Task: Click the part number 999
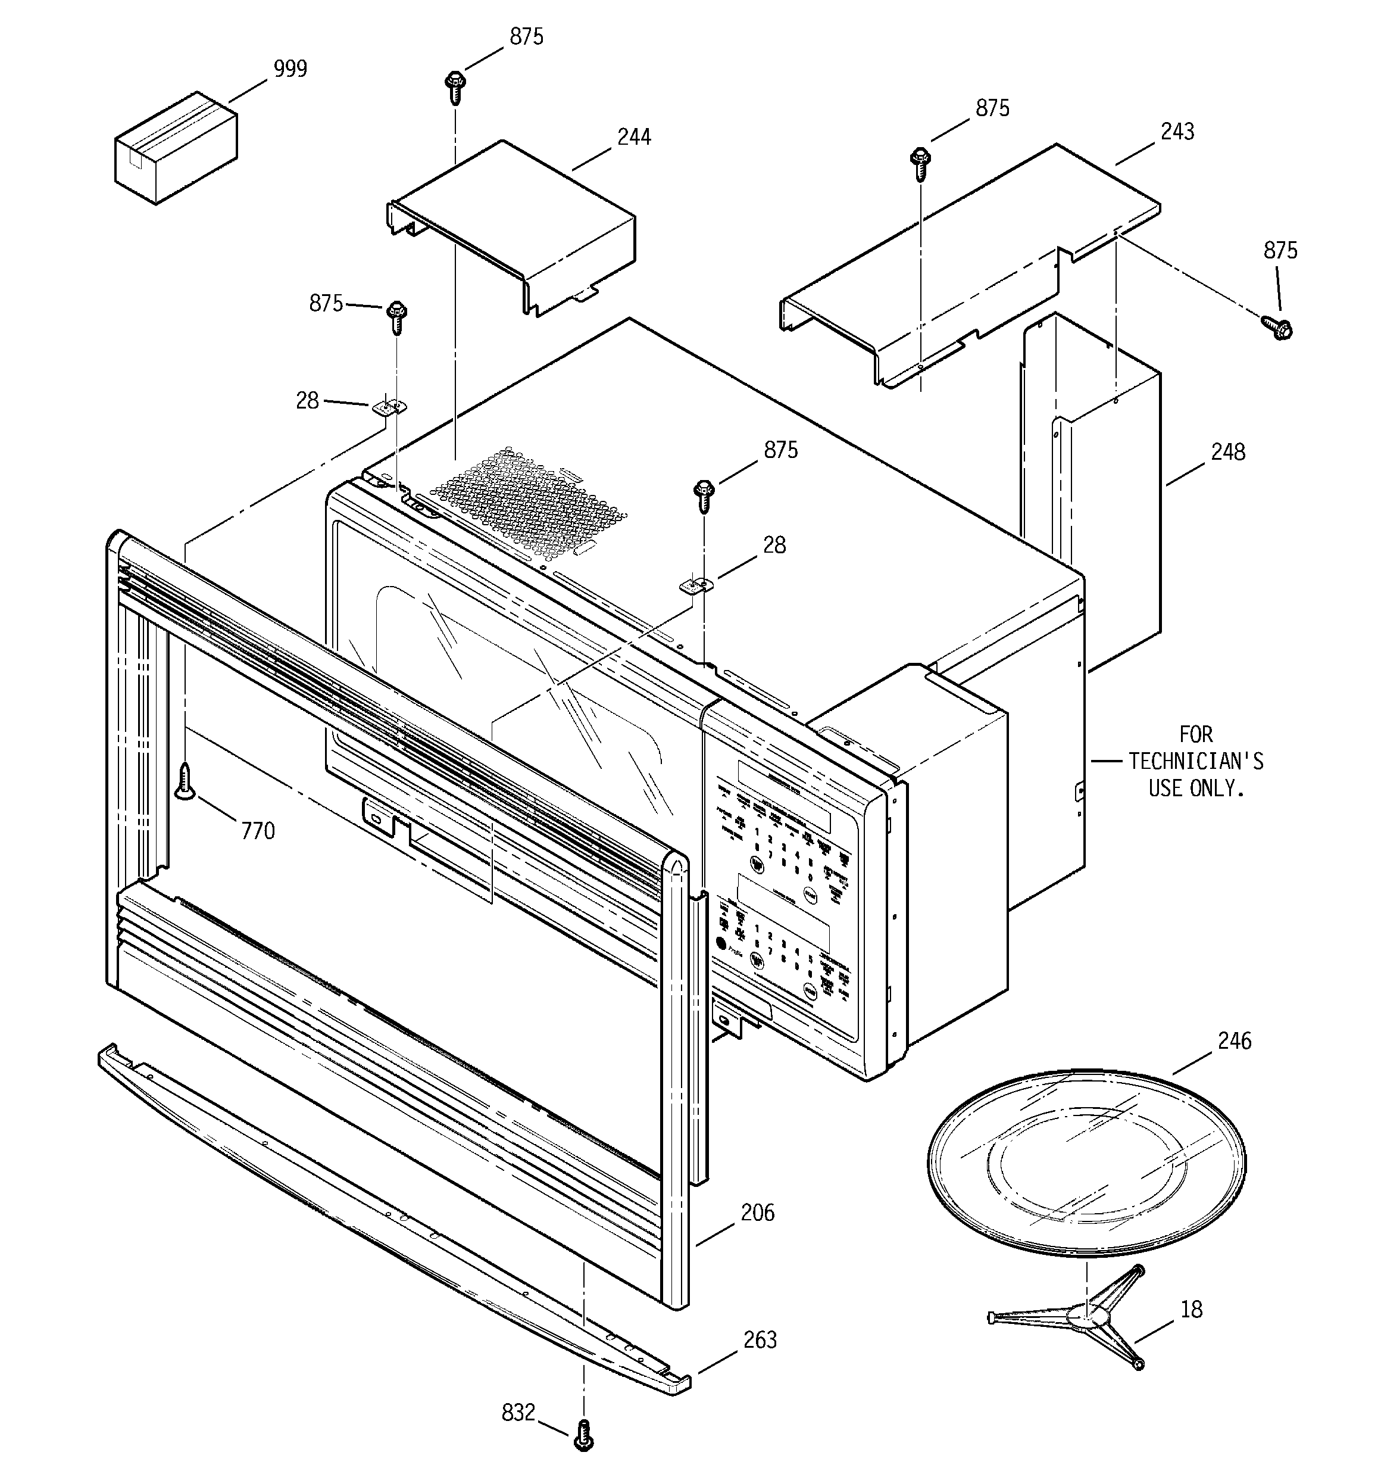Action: point(290,69)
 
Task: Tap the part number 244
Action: point(634,137)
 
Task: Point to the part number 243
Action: point(1177,132)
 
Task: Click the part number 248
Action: point(1227,452)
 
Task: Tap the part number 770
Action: point(258,831)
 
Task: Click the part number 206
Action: point(758,1213)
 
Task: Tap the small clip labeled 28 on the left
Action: point(389,406)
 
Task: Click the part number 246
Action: point(1234,1040)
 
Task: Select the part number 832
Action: point(518,1413)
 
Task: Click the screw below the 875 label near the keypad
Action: point(704,496)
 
